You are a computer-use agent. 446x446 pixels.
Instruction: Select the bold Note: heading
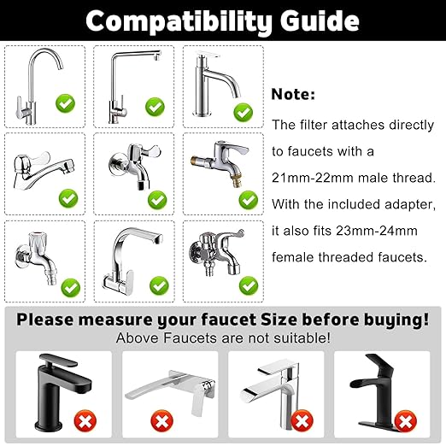pos(294,95)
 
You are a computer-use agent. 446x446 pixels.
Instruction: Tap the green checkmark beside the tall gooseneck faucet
pos(66,105)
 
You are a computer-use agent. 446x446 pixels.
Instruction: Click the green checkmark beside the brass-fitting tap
pos(248,198)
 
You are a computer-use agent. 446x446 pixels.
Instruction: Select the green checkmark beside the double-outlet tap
pos(248,285)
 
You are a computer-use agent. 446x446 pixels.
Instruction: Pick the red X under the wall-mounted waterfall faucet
pos(159,421)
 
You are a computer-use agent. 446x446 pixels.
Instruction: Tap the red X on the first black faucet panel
pos(83,421)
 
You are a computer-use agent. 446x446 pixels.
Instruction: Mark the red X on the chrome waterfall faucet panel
pos(300,421)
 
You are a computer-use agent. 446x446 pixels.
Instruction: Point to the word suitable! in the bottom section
pos(298,338)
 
